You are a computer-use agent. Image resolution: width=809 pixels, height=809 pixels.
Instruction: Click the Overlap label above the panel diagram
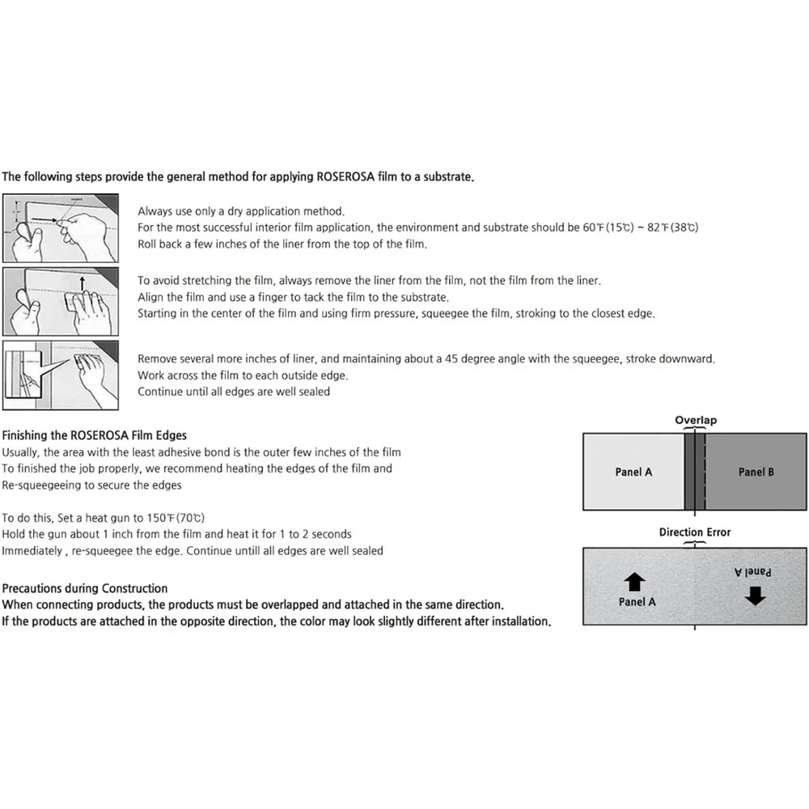point(696,420)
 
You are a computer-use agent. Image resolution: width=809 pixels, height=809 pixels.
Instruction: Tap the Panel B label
point(756,472)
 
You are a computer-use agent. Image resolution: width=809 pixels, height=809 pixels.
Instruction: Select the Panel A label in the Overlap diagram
point(633,472)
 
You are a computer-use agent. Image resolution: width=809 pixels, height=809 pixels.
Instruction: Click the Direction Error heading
point(694,532)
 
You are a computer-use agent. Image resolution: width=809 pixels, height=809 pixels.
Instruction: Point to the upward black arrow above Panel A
point(634,582)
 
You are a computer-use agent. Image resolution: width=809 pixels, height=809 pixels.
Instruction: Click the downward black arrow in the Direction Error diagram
point(756,596)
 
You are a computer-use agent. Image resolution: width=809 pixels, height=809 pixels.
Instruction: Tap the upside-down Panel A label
point(752,572)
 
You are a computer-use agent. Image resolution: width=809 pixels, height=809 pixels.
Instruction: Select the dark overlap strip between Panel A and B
point(695,472)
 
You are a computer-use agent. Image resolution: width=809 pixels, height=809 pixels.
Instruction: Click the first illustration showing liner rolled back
point(61,228)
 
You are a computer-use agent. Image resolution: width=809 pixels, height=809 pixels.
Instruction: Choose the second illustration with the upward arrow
point(61,301)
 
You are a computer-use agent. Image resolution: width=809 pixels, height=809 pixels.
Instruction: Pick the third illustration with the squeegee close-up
point(61,375)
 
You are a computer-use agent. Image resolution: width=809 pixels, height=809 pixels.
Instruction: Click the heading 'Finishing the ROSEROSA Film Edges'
point(95,435)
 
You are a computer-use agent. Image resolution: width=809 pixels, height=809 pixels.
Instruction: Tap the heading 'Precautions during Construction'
point(85,588)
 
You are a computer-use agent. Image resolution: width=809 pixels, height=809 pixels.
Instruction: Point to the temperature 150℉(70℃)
point(176,518)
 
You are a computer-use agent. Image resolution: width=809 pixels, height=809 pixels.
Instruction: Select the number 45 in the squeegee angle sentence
point(451,358)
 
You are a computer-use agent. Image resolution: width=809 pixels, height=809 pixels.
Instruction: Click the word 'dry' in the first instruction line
point(235,211)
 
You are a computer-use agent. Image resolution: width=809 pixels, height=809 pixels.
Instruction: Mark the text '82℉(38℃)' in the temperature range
point(673,227)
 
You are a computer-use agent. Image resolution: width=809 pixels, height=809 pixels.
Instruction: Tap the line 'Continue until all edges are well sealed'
point(234,392)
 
